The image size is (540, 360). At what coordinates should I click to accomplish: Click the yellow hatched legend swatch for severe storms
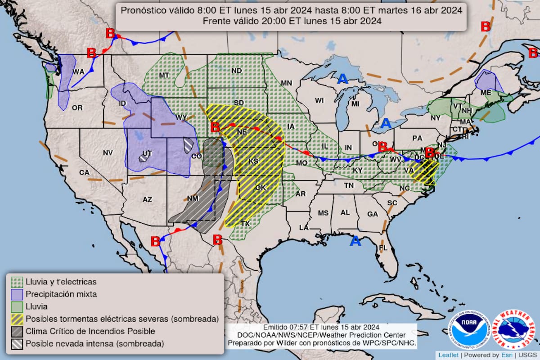(17, 319)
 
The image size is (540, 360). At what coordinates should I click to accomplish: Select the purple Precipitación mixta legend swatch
(17, 294)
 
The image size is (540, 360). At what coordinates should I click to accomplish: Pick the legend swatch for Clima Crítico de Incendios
(17, 332)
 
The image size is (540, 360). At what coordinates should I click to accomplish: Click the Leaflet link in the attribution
(448, 355)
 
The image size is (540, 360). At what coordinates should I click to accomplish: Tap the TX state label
(245, 223)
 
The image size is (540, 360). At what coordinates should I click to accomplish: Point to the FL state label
(383, 248)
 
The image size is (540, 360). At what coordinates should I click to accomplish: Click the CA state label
(84, 172)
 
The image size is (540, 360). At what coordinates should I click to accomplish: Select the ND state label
(237, 71)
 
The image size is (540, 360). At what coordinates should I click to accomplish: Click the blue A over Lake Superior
(342, 79)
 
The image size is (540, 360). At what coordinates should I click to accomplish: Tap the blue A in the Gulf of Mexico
(355, 242)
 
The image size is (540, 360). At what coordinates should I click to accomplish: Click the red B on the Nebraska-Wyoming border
(215, 127)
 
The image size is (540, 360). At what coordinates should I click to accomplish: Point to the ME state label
(486, 92)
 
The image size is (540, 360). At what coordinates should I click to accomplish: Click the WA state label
(79, 72)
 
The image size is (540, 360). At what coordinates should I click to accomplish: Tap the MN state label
(287, 83)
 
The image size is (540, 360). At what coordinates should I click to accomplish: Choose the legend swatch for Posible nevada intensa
(17, 344)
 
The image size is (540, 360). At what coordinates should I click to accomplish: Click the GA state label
(373, 214)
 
